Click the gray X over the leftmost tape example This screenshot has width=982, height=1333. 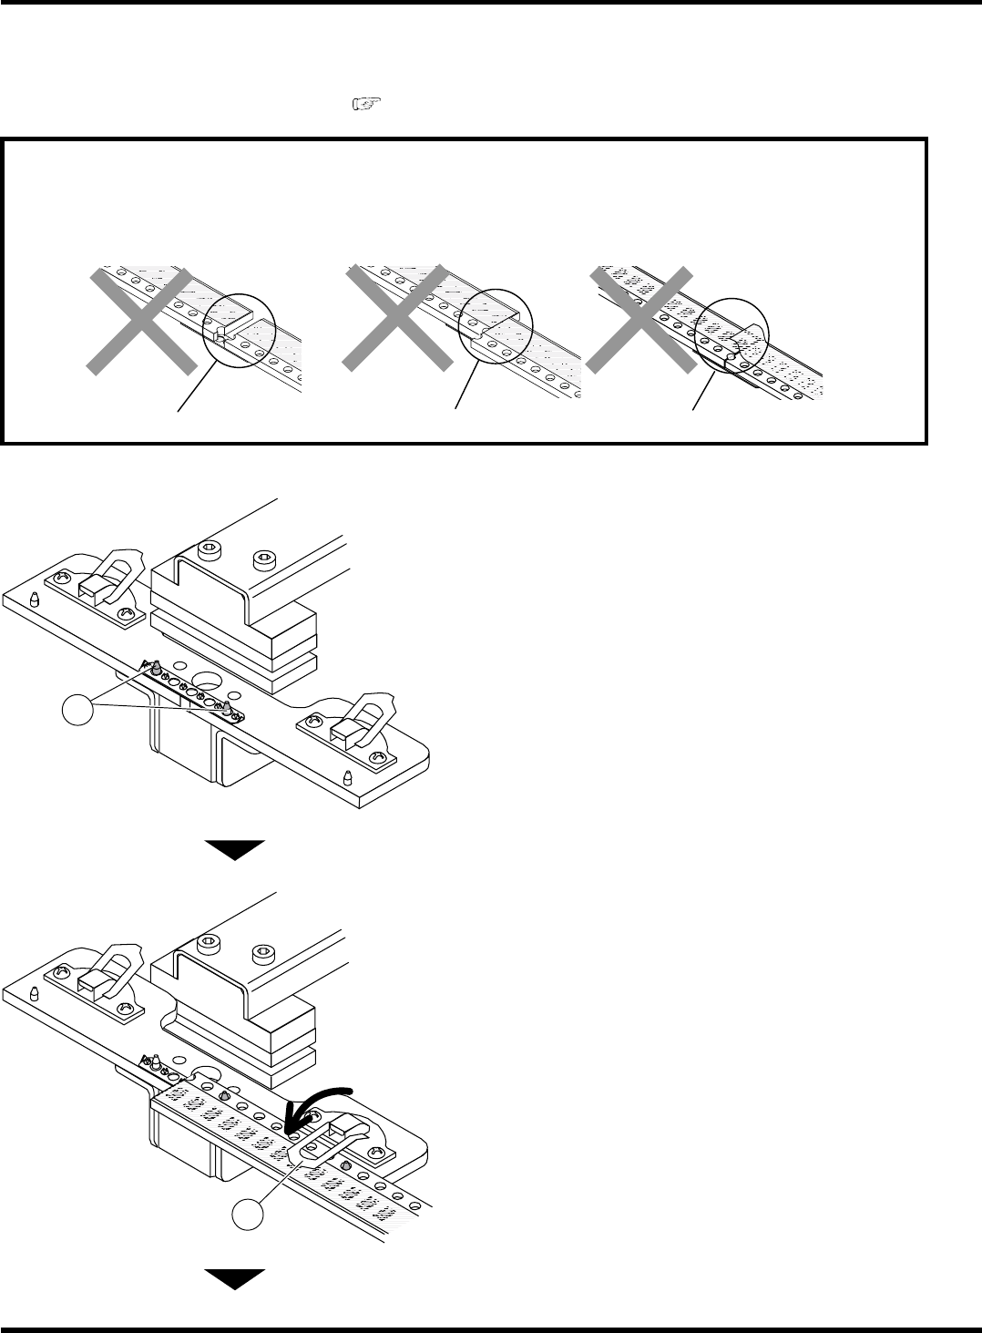coord(139,321)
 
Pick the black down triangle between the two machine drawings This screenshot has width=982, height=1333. coord(233,849)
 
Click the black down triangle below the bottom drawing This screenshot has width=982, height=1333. coord(233,1278)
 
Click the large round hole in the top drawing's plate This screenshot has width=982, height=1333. coord(206,682)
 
